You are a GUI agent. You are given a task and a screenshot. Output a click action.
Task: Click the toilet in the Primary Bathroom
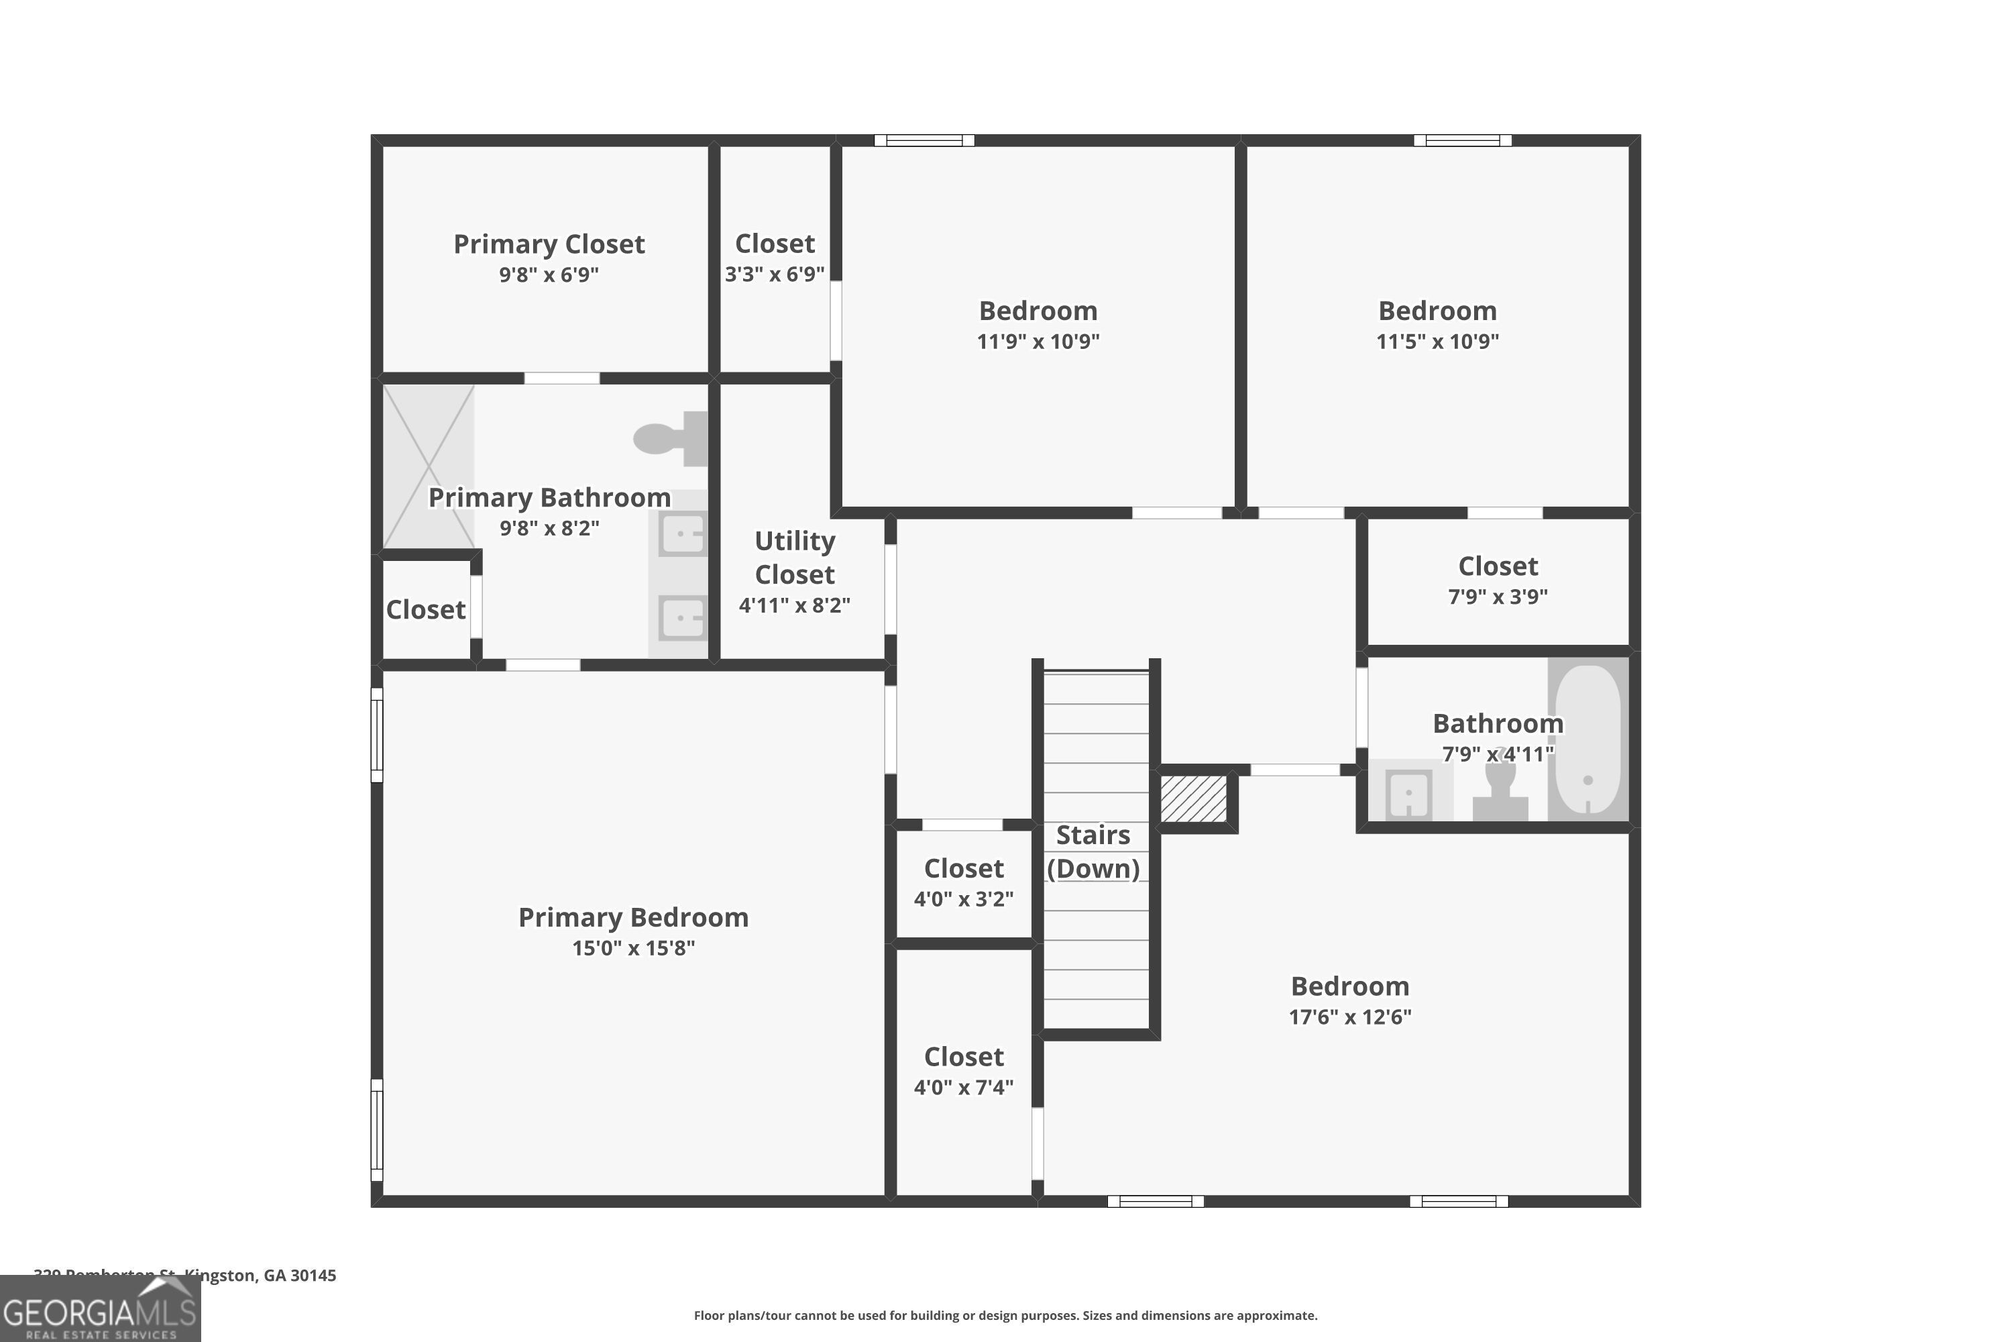[x=671, y=438]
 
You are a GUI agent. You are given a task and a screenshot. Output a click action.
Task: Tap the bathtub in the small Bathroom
[x=1587, y=740]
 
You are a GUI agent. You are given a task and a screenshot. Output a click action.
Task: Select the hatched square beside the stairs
[x=1193, y=798]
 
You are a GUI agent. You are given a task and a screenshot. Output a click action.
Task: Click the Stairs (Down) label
[x=1093, y=851]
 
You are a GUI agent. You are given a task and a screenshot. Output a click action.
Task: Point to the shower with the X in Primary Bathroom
[x=428, y=466]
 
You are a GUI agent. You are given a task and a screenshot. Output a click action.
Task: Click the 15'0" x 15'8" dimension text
[x=633, y=947]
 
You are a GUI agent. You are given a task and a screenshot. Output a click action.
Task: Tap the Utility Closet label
[x=794, y=557]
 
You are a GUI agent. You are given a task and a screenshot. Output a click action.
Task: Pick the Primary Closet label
[x=549, y=244]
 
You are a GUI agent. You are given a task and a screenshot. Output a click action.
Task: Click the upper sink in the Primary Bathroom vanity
[x=683, y=535]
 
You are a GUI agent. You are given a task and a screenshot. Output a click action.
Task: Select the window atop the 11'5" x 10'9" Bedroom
[x=1462, y=140]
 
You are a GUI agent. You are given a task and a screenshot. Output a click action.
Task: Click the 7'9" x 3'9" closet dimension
[x=1497, y=597]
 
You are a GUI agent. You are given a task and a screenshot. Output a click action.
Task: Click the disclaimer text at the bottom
[x=1005, y=1315]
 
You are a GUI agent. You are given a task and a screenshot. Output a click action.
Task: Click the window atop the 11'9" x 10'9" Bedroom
[x=924, y=140]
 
